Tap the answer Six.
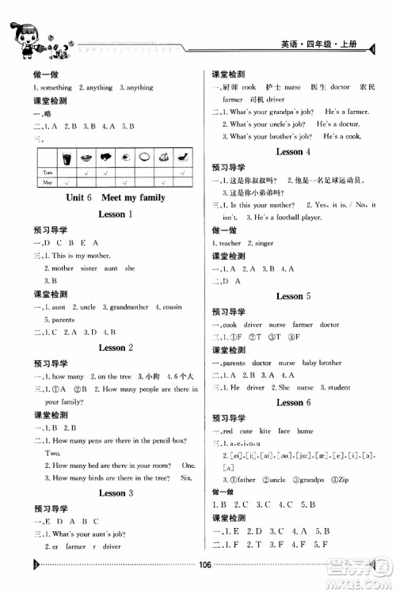pyautogui.click(x=187, y=477)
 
